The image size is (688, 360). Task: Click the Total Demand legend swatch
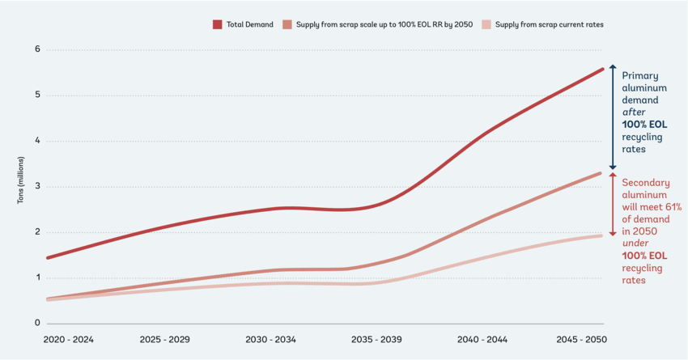[x=218, y=25]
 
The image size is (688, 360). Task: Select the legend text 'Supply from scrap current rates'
[x=549, y=25]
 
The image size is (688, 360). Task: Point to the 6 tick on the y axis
[x=37, y=49]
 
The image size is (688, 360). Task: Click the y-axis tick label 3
[x=37, y=187]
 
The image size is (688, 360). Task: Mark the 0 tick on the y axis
[x=37, y=324]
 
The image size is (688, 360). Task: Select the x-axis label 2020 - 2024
[x=69, y=340]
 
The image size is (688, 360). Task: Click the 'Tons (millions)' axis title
[x=20, y=187]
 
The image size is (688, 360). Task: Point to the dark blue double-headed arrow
[x=613, y=117]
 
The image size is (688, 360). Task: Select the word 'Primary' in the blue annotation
[x=639, y=75]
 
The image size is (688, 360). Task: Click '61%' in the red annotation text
[x=672, y=207]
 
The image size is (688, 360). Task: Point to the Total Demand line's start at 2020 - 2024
[x=47, y=258]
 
